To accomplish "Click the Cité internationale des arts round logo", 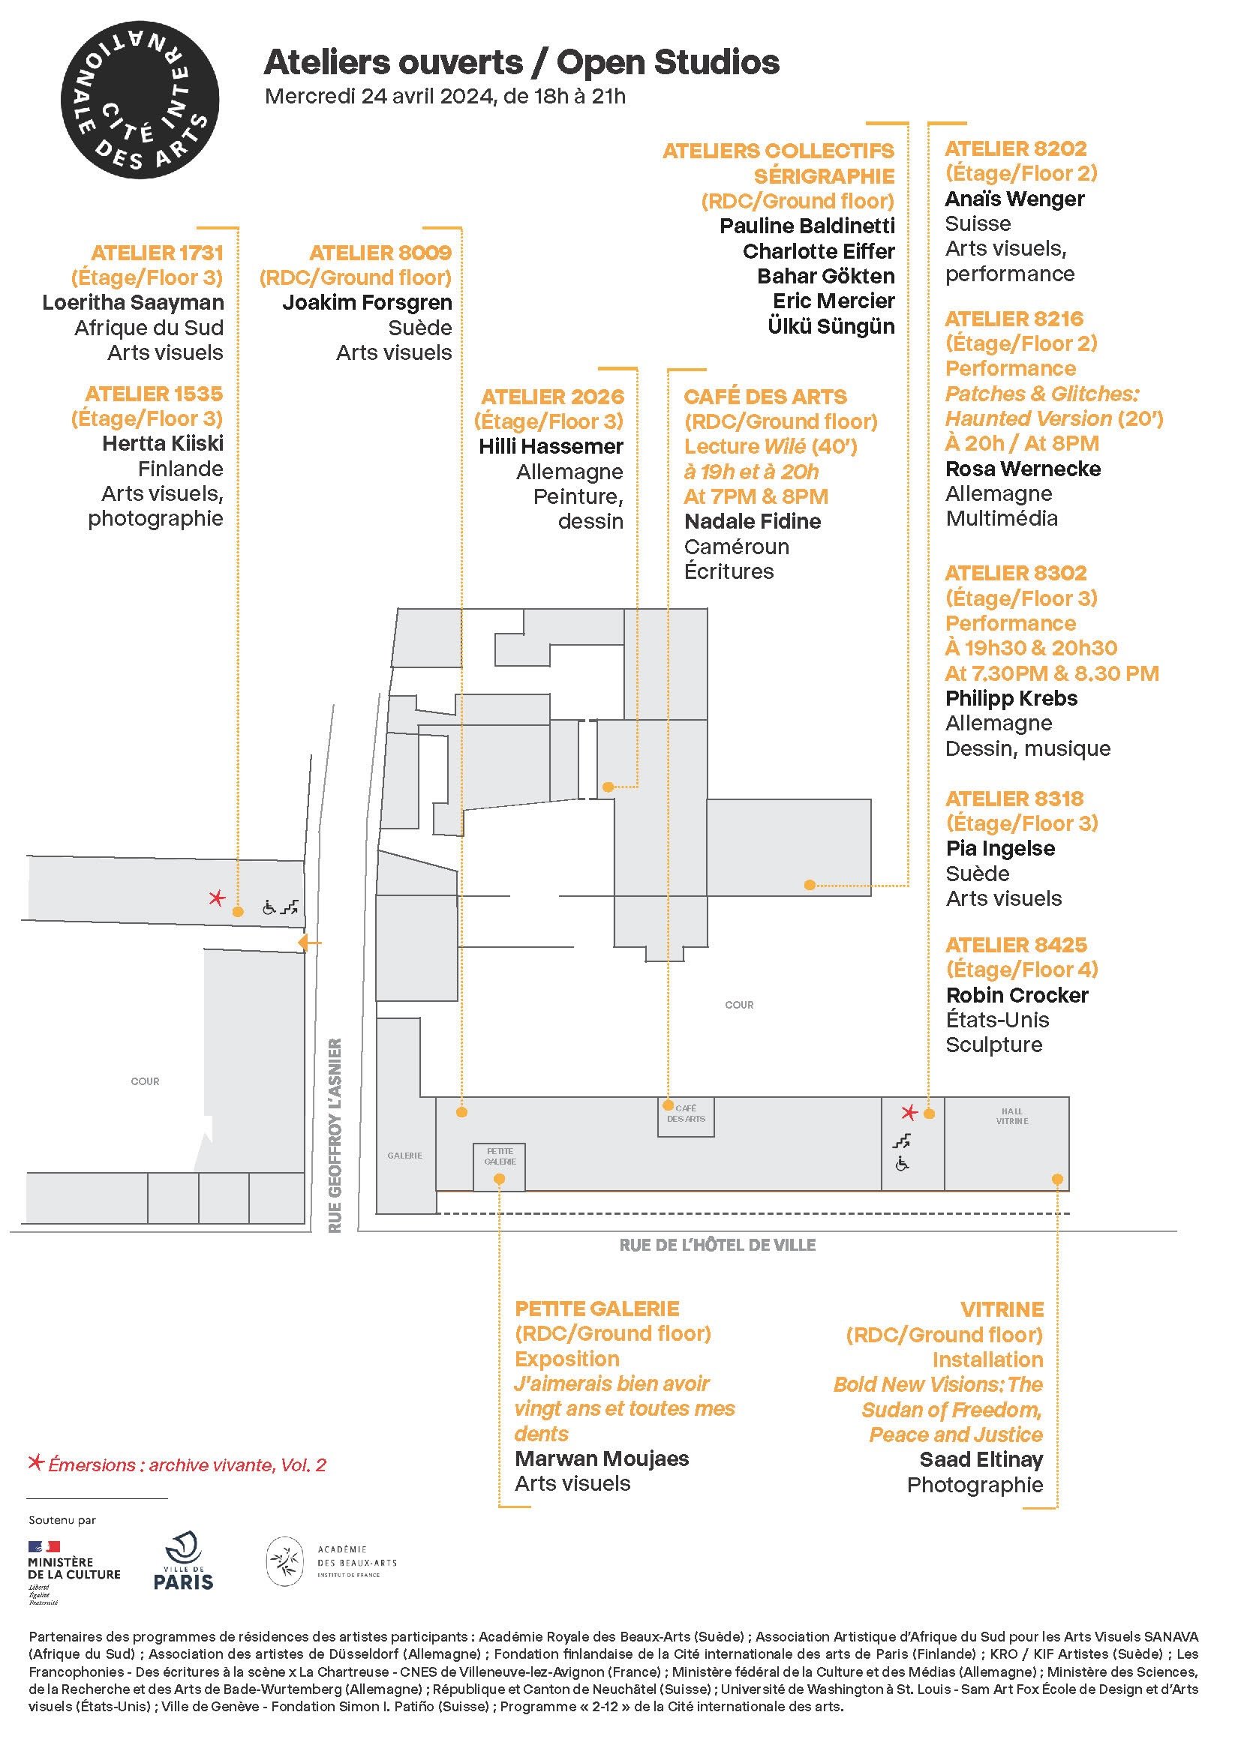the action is (x=139, y=99).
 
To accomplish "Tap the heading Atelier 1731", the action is (x=157, y=252).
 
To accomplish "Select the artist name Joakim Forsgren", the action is (x=367, y=302).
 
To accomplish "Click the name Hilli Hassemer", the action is (x=551, y=446).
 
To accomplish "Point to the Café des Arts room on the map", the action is (x=686, y=1117).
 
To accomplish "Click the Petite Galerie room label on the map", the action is (x=500, y=1156).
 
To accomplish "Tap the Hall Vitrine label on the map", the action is (x=1011, y=1116).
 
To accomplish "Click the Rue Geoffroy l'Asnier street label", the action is (x=335, y=1135).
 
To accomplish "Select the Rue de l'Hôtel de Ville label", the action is (x=717, y=1246).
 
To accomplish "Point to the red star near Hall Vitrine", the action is (x=909, y=1112).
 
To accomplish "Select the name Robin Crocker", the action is (x=1017, y=995).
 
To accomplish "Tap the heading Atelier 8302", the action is (x=1015, y=573).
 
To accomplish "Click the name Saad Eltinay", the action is (x=981, y=1460).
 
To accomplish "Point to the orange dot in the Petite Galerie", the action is (x=499, y=1179).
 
